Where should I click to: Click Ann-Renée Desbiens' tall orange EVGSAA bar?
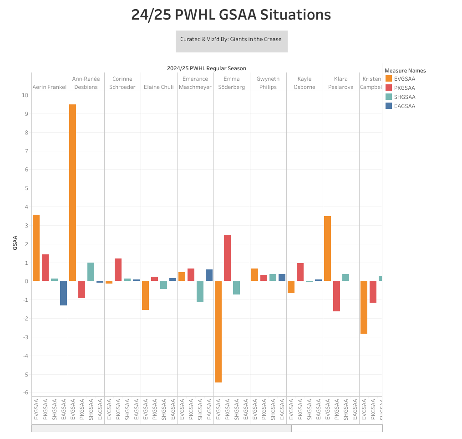coord(72,192)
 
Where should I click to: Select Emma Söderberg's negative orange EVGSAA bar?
coord(218,331)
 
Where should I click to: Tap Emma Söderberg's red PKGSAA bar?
coord(227,258)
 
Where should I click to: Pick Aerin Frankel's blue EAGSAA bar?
coord(63,293)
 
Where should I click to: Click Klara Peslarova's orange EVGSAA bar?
coord(327,248)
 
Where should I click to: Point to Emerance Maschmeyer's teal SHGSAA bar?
coord(200,291)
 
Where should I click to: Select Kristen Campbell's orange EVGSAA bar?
coord(364,307)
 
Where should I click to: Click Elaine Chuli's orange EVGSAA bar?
coord(145,295)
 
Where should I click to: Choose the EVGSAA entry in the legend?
coord(404,79)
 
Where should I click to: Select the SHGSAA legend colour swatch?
coord(388,97)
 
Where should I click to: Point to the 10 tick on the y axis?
coord(25,95)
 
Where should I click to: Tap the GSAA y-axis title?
coord(15,243)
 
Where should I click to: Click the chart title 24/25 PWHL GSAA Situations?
coord(231,15)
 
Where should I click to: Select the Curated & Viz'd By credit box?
coord(231,41)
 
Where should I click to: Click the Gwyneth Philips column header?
coord(268,83)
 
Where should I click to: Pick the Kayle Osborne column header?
coord(305,83)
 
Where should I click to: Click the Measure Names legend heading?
coord(405,71)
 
